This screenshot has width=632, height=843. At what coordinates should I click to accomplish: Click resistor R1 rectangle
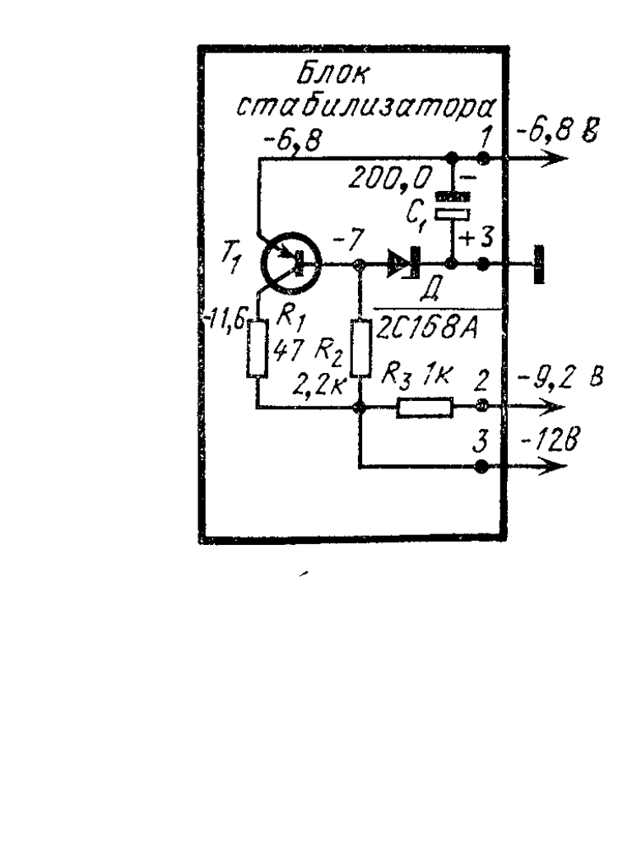pyautogui.click(x=258, y=349)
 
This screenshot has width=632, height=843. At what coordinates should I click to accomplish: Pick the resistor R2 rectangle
pyautogui.click(x=360, y=349)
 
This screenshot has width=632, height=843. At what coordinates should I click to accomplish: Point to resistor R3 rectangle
pyautogui.click(x=424, y=407)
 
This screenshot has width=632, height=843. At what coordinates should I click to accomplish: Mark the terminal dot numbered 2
pyautogui.click(x=483, y=407)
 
